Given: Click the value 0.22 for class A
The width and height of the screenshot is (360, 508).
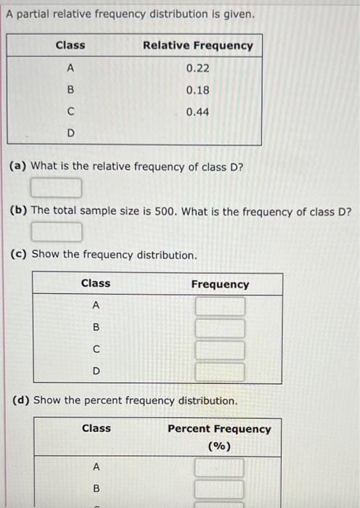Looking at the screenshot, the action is pos(198,68).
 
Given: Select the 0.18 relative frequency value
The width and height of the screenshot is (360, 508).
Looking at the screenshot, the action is pos(198,91).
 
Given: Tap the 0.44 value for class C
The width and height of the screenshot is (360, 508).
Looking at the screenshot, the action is pos(198,112).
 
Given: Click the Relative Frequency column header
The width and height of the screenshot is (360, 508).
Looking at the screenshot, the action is pos(198,45).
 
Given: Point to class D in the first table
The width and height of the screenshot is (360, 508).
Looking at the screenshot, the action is pos(70,133).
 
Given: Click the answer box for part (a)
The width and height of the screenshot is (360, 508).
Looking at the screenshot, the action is pos(56,189).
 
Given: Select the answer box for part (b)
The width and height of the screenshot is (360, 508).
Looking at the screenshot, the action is pos(56,232).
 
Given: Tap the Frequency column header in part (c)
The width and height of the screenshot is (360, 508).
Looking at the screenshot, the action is pos(220,284).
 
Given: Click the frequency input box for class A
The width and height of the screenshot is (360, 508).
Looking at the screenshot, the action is pos(220,307).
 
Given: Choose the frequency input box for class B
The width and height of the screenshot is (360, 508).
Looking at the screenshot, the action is pos(220,329).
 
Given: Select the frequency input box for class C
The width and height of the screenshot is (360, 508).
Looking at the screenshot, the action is pos(220,351).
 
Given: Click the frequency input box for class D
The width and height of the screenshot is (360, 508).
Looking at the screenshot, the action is pos(220,372).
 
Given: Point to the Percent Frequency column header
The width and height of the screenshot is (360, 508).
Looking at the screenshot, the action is pos(219,429).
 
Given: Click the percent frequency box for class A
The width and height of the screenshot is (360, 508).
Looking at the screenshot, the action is pos(220,467).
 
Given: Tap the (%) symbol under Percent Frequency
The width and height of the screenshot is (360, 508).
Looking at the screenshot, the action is pos(219,446).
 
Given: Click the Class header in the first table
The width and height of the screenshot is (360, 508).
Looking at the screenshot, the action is pos(70,45).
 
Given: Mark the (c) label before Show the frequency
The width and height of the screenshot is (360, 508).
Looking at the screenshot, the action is pos(20,255).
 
